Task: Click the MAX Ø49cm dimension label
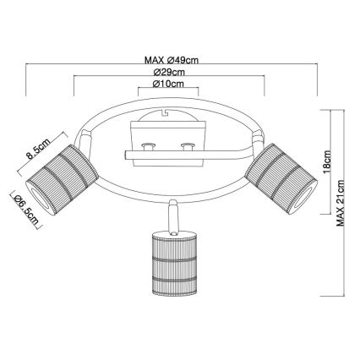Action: coord(172,60)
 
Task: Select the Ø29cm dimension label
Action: coord(169,72)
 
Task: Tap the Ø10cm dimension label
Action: coord(168,84)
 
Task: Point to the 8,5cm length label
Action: coord(38,149)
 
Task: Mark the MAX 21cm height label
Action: coord(341,203)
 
